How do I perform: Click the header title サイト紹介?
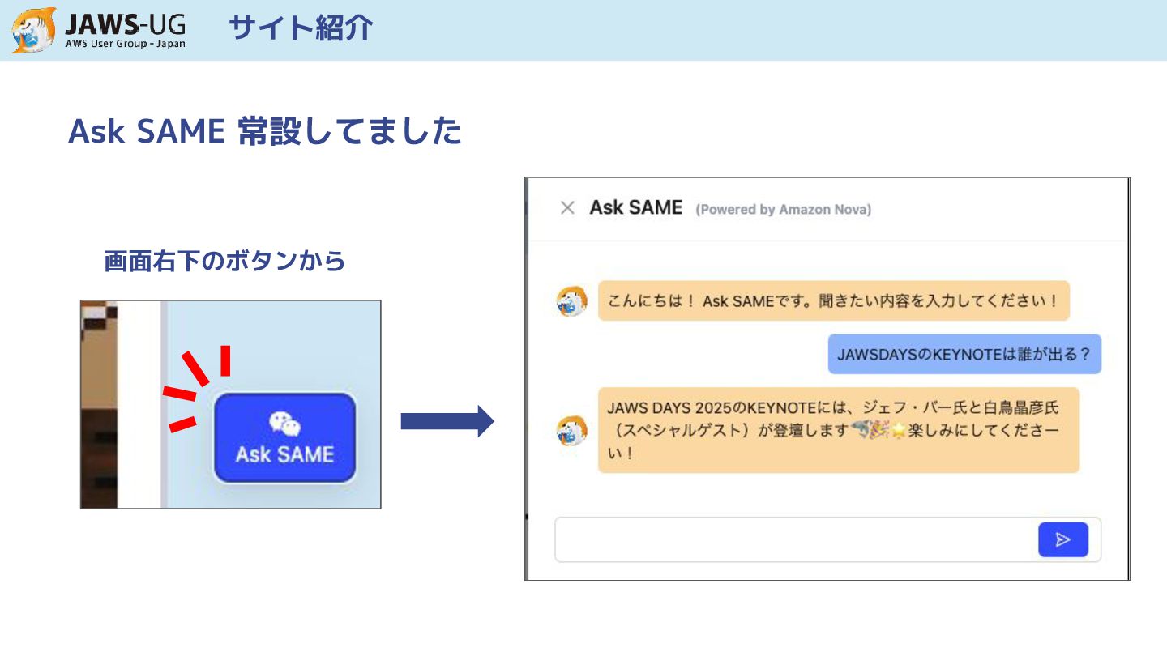(x=301, y=28)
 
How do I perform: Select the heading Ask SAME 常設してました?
(x=265, y=131)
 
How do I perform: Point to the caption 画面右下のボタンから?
(x=224, y=261)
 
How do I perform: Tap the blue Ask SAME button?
(x=284, y=438)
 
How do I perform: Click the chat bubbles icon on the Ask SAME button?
(x=284, y=423)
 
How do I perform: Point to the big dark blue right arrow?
(x=447, y=421)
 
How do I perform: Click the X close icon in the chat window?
(x=567, y=208)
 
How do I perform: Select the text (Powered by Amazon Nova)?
(x=783, y=210)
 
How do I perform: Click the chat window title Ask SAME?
(x=636, y=207)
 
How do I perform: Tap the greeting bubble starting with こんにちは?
(x=833, y=300)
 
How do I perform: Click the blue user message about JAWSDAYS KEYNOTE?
(x=964, y=354)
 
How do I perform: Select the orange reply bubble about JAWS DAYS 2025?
(x=838, y=430)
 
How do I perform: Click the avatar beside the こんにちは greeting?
(x=572, y=301)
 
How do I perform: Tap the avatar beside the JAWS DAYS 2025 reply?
(x=572, y=431)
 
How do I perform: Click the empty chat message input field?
(x=794, y=539)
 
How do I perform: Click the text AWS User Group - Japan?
(x=125, y=44)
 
